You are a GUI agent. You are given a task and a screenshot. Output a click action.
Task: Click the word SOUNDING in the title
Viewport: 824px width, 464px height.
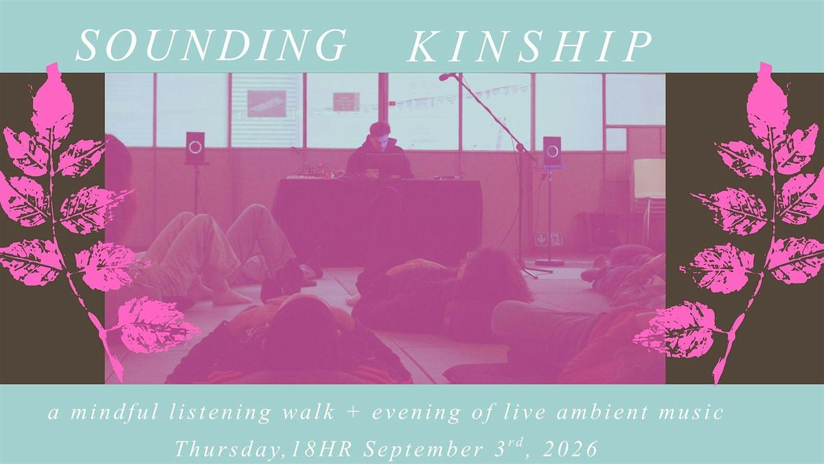tap(211, 46)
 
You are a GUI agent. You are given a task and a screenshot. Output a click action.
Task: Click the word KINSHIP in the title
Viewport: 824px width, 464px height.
tap(529, 47)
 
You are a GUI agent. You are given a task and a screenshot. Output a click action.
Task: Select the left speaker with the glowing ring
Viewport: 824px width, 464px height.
tap(195, 147)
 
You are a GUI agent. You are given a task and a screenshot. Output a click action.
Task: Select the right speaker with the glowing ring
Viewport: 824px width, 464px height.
tap(552, 151)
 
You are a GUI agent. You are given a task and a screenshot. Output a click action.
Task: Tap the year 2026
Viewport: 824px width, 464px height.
tap(569, 448)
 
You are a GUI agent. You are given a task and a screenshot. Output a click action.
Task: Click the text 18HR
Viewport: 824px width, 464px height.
tap(321, 449)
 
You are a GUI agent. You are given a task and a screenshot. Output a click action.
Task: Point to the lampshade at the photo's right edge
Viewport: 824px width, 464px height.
tap(650, 178)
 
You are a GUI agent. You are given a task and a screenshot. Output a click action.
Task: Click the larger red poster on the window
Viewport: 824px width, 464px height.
tap(266, 104)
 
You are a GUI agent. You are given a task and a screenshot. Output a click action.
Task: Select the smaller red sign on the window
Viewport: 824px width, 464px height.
tap(346, 102)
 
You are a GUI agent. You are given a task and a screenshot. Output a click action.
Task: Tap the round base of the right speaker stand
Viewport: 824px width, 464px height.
tap(549, 262)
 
